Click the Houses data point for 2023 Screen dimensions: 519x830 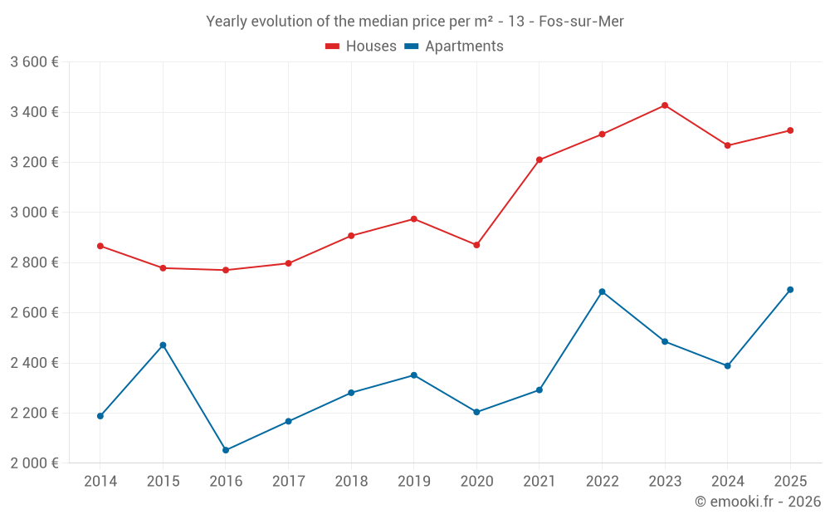click(x=665, y=105)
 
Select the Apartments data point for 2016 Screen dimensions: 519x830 click(x=226, y=450)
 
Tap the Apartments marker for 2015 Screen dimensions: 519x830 click(x=163, y=345)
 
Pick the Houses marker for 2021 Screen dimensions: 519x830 click(x=539, y=159)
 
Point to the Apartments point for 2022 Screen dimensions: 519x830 click(x=602, y=291)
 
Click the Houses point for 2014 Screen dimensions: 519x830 click(x=100, y=246)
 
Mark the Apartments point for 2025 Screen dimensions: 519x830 click(x=790, y=290)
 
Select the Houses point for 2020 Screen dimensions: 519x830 click(x=476, y=245)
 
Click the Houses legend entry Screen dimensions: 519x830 click(x=361, y=47)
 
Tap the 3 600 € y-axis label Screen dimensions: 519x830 click(x=34, y=62)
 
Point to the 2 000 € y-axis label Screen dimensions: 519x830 click(x=34, y=463)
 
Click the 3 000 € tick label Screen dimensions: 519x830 click(x=34, y=213)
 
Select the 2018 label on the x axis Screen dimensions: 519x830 click(x=351, y=482)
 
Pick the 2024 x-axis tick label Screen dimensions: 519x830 click(x=727, y=482)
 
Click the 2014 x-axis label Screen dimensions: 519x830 click(x=100, y=482)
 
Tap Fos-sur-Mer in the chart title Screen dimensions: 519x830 click(x=581, y=22)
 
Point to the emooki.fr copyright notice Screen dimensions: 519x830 click(x=758, y=502)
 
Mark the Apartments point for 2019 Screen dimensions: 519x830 click(x=414, y=375)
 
